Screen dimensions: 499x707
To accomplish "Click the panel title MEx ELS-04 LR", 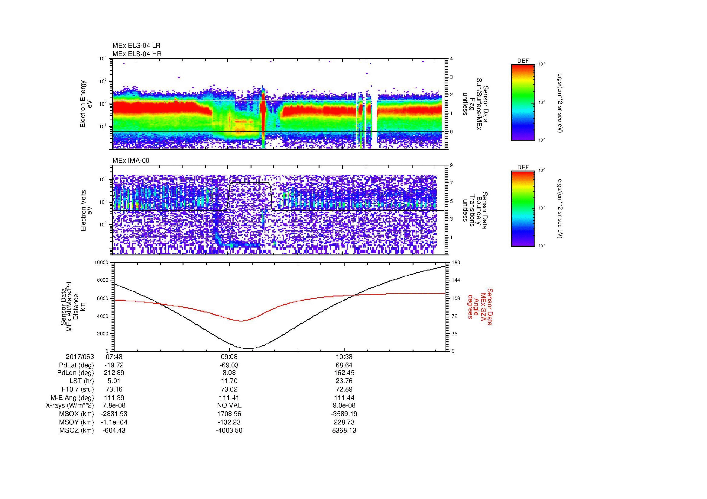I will tap(136, 46).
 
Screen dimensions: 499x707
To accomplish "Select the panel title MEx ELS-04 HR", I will tap(137, 54).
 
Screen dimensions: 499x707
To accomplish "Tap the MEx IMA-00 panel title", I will tap(131, 161).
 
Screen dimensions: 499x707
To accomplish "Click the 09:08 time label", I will tap(229, 357).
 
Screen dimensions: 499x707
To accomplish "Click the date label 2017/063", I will tap(80, 357).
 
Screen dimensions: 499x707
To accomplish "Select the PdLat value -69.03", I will tap(229, 365).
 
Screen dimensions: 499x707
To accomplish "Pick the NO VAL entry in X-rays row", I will tap(229, 405).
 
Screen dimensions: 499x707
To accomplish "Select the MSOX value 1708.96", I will tap(229, 414).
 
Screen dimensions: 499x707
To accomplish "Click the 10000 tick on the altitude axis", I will tap(102, 263).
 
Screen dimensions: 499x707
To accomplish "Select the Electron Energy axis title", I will tap(83, 104).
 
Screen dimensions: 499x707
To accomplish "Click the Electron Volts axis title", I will tap(83, 210).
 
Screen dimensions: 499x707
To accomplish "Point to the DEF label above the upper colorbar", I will tap(523, 61).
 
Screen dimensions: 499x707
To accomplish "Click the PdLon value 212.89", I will tap(114, 373).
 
